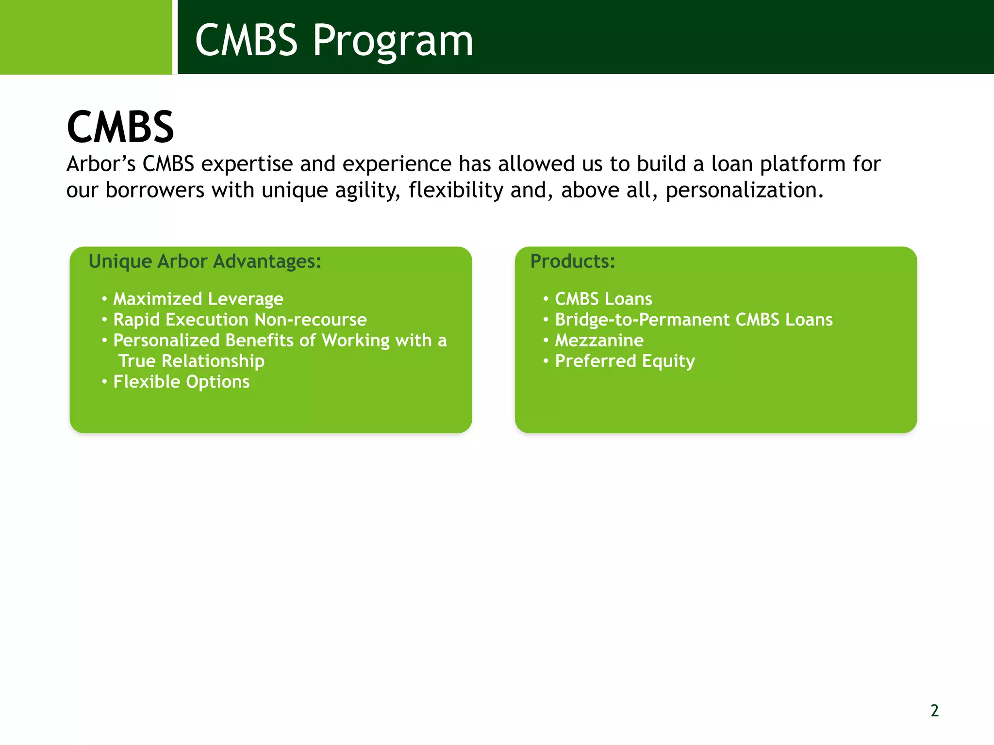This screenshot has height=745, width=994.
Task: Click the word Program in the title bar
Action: point(392,41)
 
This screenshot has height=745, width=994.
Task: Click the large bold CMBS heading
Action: point(120,127)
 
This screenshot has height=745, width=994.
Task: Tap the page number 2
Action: point(934,711)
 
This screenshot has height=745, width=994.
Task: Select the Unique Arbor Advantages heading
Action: point(205,261)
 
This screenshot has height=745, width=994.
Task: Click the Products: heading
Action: point(572,261)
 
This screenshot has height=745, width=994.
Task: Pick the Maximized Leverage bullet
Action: point(198,299)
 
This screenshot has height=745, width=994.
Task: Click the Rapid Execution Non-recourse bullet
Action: point(240,320)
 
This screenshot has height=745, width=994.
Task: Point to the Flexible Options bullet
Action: point(181,382)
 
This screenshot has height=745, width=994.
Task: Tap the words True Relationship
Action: point(191,361)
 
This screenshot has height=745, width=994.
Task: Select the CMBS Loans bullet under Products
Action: point(603,299)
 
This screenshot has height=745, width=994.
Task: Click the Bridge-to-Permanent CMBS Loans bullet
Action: point(694,320)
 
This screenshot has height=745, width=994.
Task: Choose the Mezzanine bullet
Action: point(599,340)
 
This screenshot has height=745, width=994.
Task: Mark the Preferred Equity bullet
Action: point(625,361)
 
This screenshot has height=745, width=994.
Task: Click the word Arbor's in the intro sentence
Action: point(101,164)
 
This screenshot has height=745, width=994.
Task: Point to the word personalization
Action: point(744,190)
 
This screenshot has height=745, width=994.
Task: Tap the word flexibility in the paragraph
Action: point(455,190)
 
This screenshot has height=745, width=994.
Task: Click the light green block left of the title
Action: point(85,37)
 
